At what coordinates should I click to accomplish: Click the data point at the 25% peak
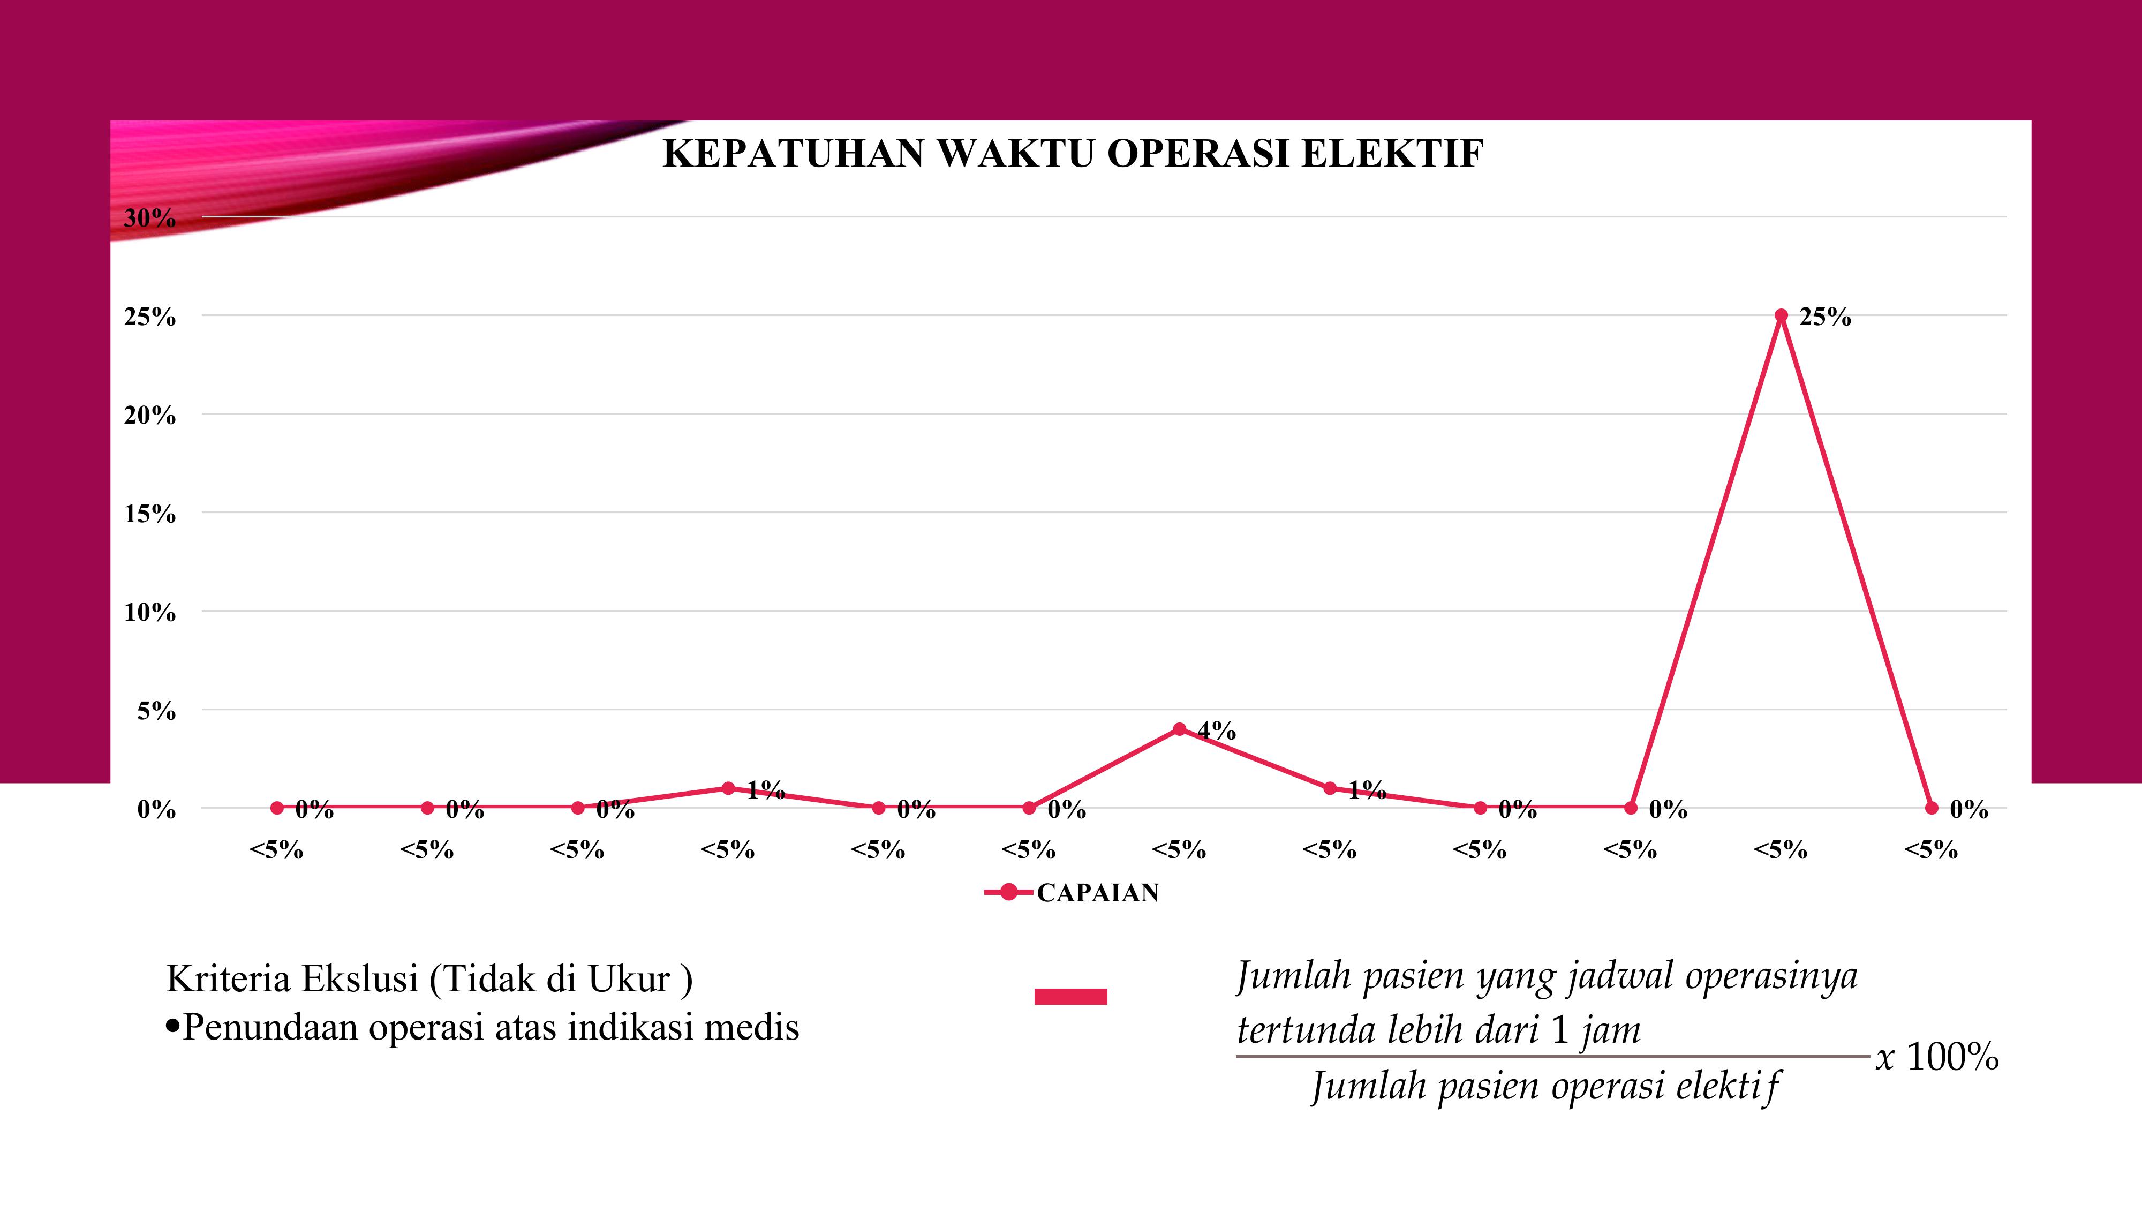(x=1781, y=315)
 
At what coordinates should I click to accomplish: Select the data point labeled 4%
(x=1179, y=729)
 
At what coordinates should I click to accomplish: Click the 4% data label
(x=1217, y=731)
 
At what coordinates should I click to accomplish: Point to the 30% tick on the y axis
(x=150, y=218)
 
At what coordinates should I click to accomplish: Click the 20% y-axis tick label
(x=150, y=415)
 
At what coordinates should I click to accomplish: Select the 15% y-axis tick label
(x=150, y=514)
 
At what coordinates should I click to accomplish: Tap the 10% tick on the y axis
(x=150, y=613)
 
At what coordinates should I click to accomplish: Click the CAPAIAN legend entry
(x=1097, y=892)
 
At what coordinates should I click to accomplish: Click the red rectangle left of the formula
(x=1070, y=996)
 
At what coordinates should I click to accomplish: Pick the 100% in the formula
(x=1951, y=1057)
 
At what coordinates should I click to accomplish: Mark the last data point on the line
(x=1932, y=808)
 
